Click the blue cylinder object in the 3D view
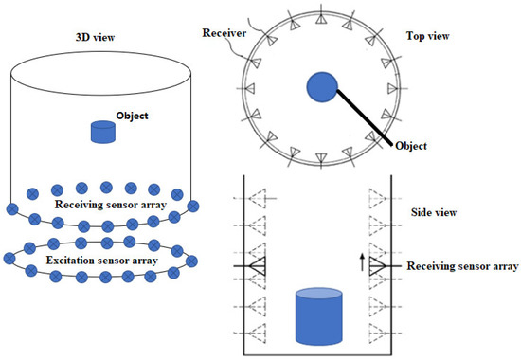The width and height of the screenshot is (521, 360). click(x=103, y=133)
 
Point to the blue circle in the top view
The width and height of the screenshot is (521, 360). click(x=323, y=89)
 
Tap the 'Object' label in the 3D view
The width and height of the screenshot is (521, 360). click(x=134, y=117)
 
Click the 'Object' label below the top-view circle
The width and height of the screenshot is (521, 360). click(x=409, y=146)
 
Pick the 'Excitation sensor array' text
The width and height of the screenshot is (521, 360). click(x=101, y=258)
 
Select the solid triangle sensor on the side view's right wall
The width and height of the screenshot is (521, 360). click(x=381, y=268)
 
